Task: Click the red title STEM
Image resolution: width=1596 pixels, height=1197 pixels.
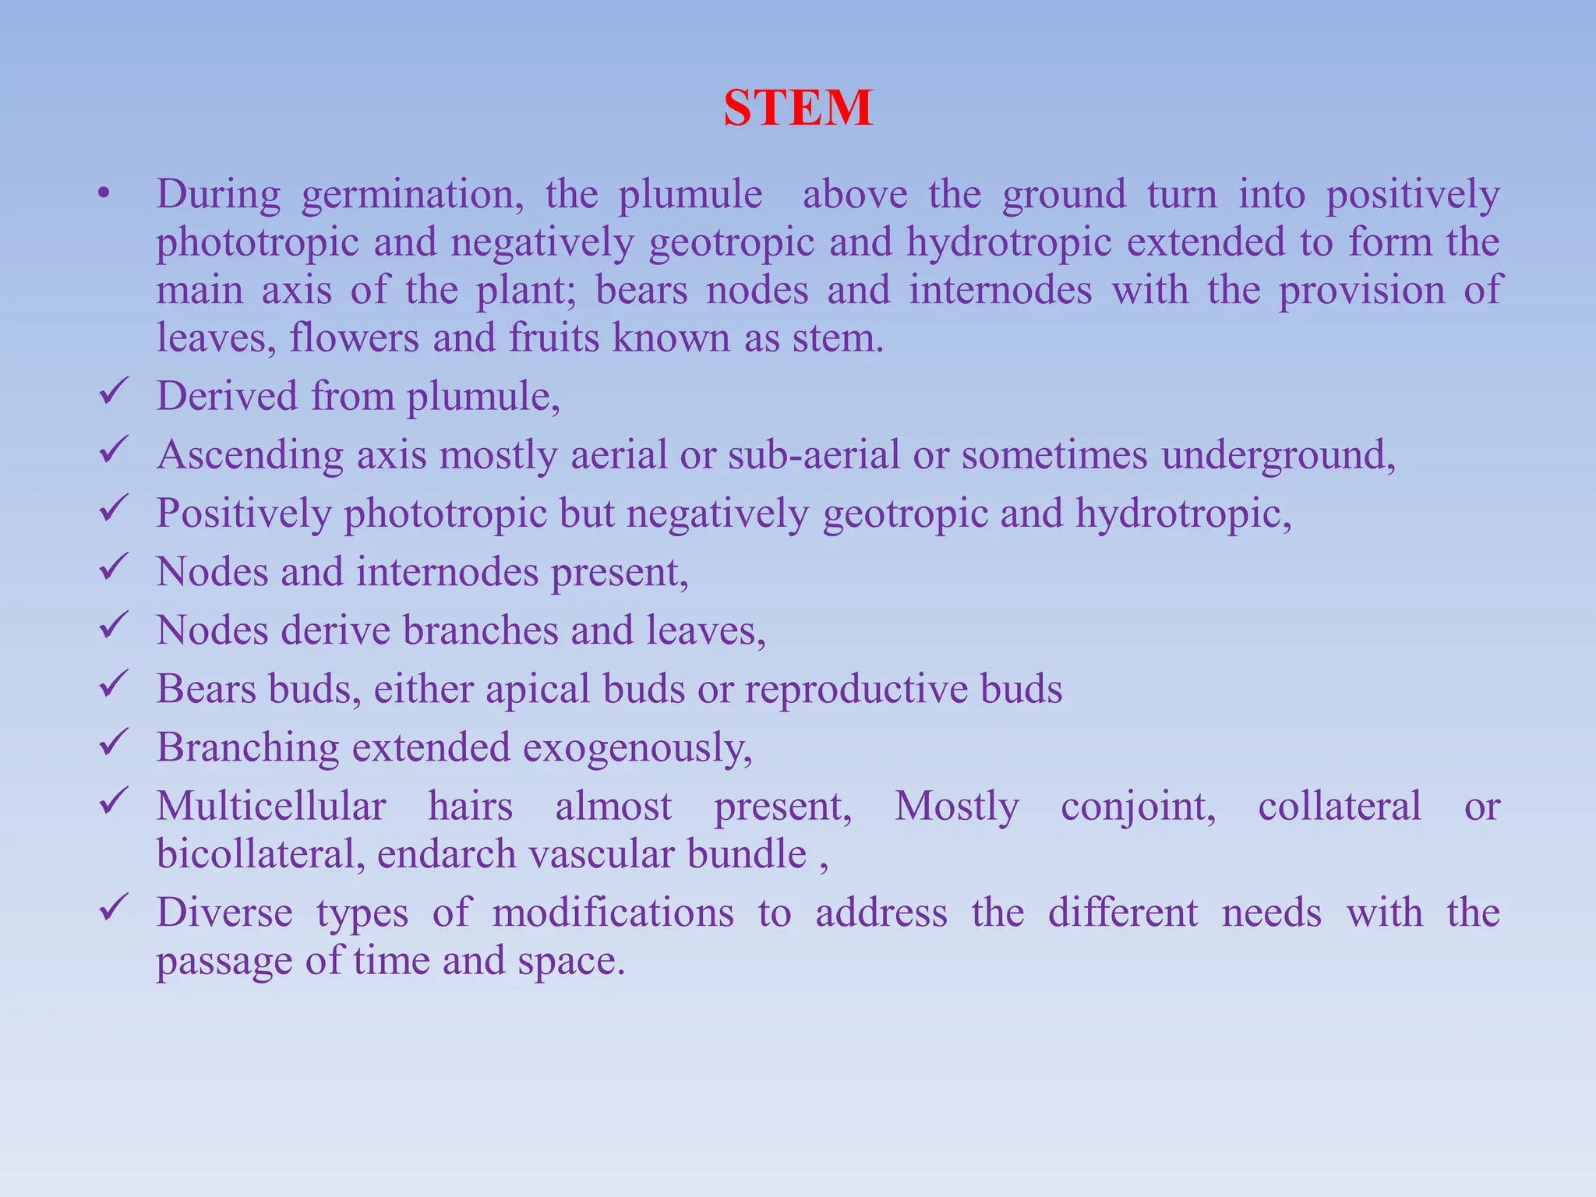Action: pos(797,108)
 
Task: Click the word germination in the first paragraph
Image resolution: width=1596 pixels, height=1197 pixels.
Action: pos(412,195)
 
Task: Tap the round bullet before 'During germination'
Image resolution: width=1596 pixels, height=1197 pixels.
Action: pos(104,194)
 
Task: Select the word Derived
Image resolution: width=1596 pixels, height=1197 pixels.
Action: pos(227,396)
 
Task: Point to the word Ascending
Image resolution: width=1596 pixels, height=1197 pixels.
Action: pos(249,455)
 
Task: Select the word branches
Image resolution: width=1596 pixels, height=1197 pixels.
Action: pos(480,630)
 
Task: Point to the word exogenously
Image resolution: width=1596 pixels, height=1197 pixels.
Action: pos(637,748)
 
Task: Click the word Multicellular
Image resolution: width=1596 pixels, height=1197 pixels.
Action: pos(271,807)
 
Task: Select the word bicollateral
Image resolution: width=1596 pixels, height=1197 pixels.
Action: pos(260,854)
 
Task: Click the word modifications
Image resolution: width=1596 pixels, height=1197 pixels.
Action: pos(613,913)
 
